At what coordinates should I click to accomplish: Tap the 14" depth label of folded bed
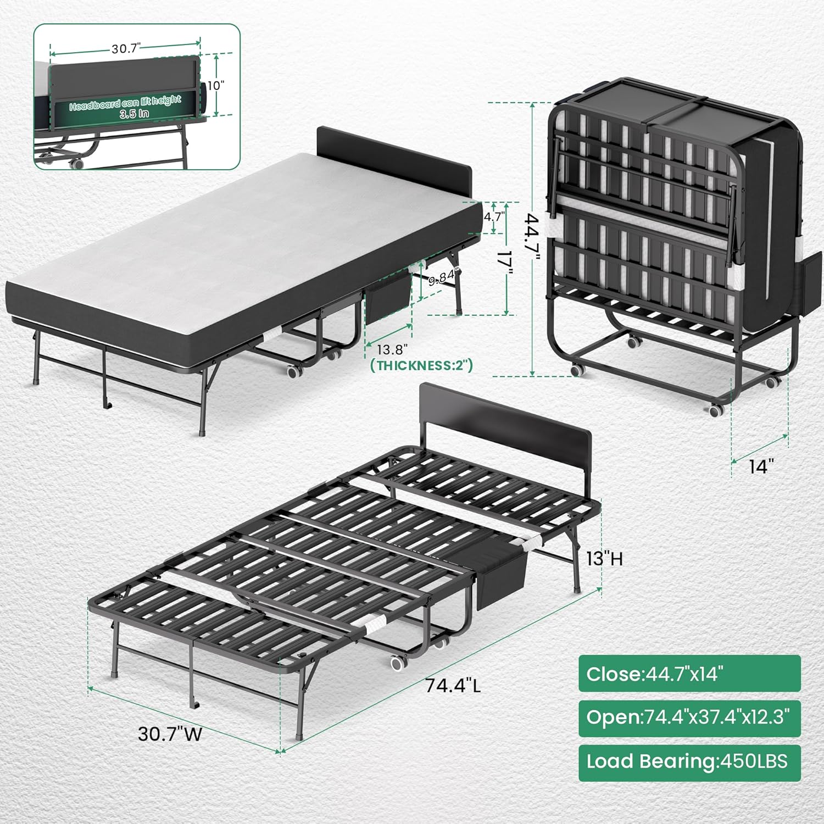pos(761,466)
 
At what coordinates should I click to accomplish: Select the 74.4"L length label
pos(453,686)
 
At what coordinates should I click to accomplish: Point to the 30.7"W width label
pos(170,734)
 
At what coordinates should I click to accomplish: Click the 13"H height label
pos(604,559)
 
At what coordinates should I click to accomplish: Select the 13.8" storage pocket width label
pos(392,349)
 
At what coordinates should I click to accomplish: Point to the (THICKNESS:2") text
pos(421,365)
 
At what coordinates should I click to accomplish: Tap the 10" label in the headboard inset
pos(215,85)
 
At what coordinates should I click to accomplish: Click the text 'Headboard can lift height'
pos(125,103)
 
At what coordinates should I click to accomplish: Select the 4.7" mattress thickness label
pos(493,216)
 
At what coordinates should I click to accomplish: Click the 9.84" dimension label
pos(442,278)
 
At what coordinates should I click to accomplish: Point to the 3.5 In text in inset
pos(134,114)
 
